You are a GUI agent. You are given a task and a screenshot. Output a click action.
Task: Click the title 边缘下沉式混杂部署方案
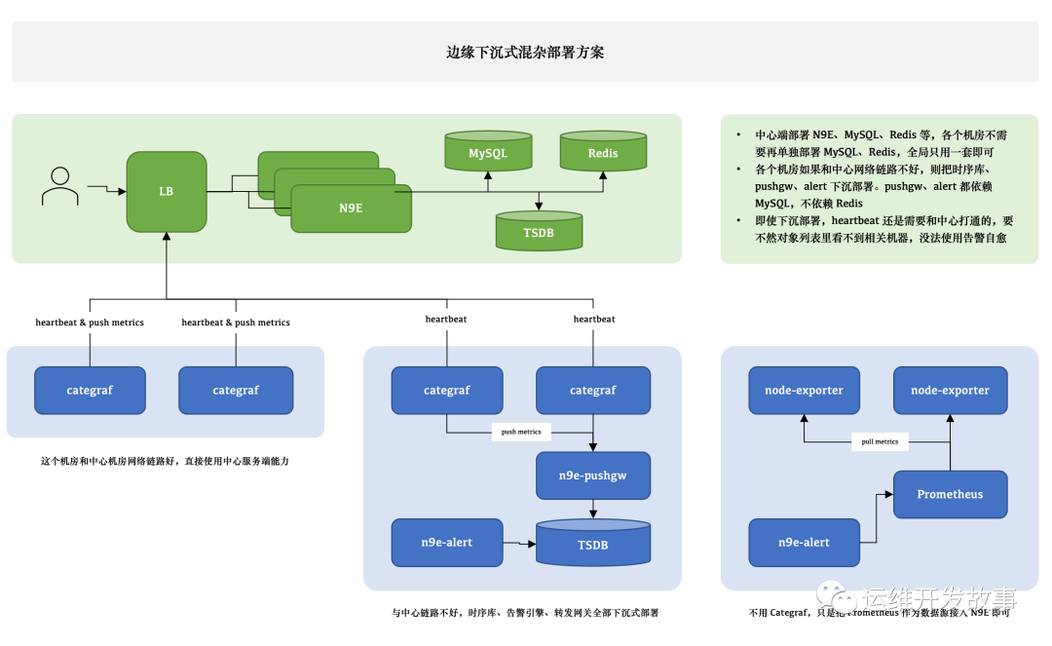pyautogui.click(x=525, y=53)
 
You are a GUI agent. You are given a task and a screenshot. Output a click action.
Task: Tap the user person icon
pyautogui.click(x=60, y=186)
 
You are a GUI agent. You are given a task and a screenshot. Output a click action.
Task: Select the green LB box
pyautogui.click(x=167, y=191)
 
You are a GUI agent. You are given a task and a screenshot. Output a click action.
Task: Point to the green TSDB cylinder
pyautogui.click(x=539, y=231)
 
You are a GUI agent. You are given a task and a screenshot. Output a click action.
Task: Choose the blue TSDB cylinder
pyautogui.click(x=592, y=543)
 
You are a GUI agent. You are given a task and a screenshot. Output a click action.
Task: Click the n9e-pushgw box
pyautogui.click(x=592, y=475)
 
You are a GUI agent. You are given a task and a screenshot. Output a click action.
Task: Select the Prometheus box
pyautogui.click(x=950, y=494)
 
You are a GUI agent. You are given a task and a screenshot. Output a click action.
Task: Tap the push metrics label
pyautogui.click(x=521, y=431)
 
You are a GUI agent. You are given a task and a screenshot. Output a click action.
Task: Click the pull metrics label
pyautogui.click(x=880, y=441)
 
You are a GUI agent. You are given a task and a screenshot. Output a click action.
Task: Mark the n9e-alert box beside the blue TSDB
pyautogui.click(x=447, y=542)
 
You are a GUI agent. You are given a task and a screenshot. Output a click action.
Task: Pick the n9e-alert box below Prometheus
pyautogui.click(x=804, y=542)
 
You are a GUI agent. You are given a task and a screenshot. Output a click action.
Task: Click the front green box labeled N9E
pyautogui.click(x=352, y=208)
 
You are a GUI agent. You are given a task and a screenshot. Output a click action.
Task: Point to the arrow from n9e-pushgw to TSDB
pyautogui.click(x=592, y=509)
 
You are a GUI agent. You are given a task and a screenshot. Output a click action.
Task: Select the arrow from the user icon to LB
pyautogui.click(x=106, y=187)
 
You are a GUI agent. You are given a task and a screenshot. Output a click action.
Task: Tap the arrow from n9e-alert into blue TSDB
pyautogui.click(x=519, y=542)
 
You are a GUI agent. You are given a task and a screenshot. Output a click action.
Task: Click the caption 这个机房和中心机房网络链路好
pyautogui.click(x=165, y=461)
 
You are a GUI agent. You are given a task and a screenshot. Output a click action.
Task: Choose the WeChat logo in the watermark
pyautogui.click(x=834, y=593)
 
